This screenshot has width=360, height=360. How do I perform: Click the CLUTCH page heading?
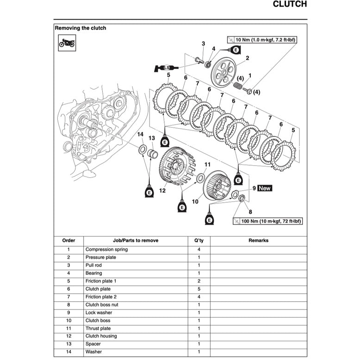coord(290,5)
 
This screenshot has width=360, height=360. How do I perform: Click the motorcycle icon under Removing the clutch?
coord(67,43)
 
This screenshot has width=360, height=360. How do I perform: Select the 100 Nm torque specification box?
coord(268,221)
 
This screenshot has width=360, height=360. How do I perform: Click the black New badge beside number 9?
coord(265,188)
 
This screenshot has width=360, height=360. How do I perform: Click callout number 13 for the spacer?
coord(152,138)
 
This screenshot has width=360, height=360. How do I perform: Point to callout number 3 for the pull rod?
coord(203,43)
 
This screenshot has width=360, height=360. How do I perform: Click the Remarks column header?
coord(258,241)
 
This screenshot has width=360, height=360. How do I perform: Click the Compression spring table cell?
coord(106,249)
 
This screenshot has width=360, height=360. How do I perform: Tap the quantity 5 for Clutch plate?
coord(199,289)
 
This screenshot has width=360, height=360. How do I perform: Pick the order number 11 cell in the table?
coord(68,329)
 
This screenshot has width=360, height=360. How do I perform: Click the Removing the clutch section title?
coord(81,28)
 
